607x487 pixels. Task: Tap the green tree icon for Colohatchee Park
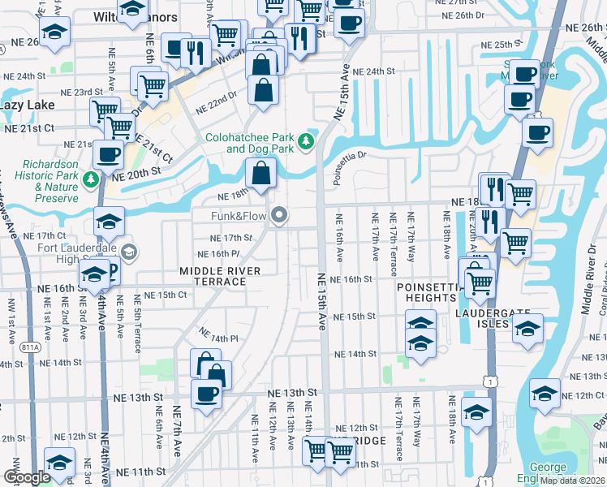[306, 142]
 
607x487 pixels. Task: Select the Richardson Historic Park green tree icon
[92, 178]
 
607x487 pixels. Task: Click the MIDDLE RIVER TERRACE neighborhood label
[220, 276]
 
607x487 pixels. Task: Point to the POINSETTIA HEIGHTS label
[427, 292]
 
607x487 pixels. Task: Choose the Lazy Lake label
[28, 106]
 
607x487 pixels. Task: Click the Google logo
[27, 477]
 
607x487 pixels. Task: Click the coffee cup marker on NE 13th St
[206, 394]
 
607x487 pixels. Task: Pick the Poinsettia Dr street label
[351, 154]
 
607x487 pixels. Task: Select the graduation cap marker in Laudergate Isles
[528, 330]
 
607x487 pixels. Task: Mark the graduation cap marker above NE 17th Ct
[109, 221]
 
